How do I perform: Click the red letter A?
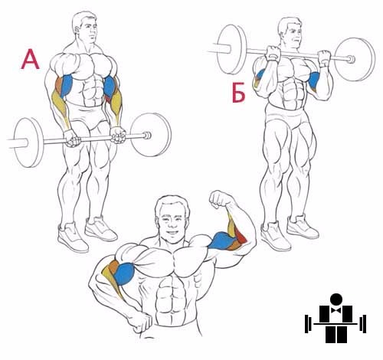point(31,60)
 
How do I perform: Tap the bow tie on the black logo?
point(336,310)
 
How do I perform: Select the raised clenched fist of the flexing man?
point(219,199)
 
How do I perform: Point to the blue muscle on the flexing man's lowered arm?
point(124,274)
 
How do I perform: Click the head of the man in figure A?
point(85,27)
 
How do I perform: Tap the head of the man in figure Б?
point(290,32)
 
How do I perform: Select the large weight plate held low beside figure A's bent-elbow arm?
point(151,135)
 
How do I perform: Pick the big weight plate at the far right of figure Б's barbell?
point(355,59)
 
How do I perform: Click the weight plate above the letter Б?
point(232,49)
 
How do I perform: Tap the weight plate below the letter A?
point(28,142)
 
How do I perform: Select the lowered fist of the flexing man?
point(139,322)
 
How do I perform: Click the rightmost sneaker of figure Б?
point(303,227)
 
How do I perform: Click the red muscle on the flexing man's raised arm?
point(240,236)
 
